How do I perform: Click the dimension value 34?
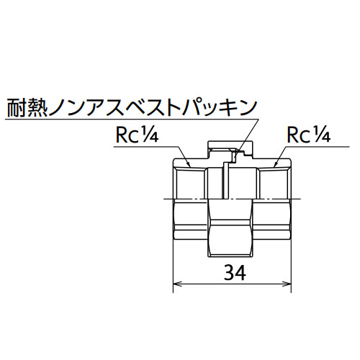tap(235, 272)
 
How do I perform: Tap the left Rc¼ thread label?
tap(137, 135)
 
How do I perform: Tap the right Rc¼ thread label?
tap(309, 135)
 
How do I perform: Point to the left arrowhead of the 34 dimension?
tap(177, 284)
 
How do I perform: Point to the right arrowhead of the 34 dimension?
tap(287, 284)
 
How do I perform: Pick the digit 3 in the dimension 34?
tap(229, 272)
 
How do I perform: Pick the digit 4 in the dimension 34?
tap(240, 272)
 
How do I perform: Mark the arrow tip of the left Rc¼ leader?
tap(190, 167)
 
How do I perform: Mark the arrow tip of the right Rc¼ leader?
tap(275, 167)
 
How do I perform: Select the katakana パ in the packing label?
tap(193, 108)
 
